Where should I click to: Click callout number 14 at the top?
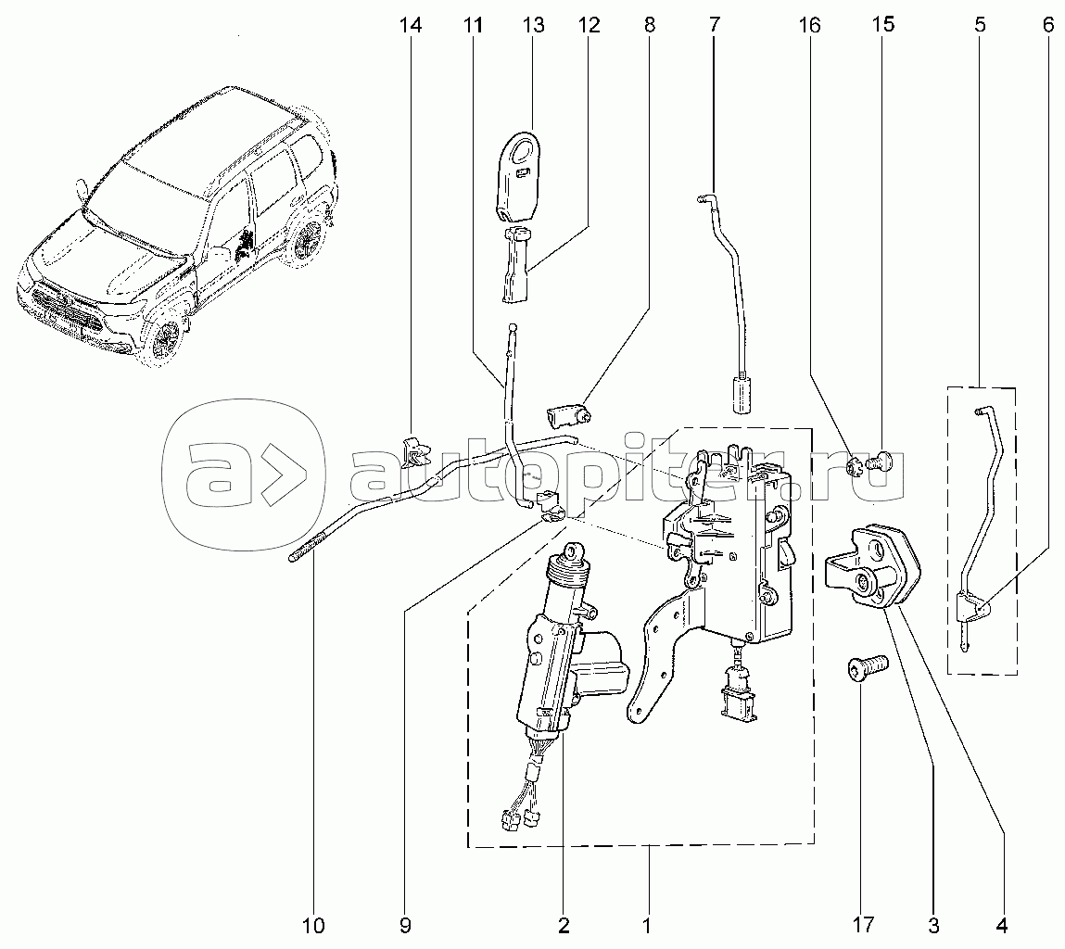point(410,25)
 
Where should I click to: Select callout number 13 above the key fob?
point(533,25)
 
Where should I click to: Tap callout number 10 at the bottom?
point(313,924)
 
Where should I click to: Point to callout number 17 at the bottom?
point(862,924)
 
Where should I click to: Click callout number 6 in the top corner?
point(1047,25)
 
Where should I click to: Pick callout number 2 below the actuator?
point(563,924)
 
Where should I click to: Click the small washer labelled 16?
point(858,462)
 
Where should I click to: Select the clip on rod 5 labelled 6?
point(972,609)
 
